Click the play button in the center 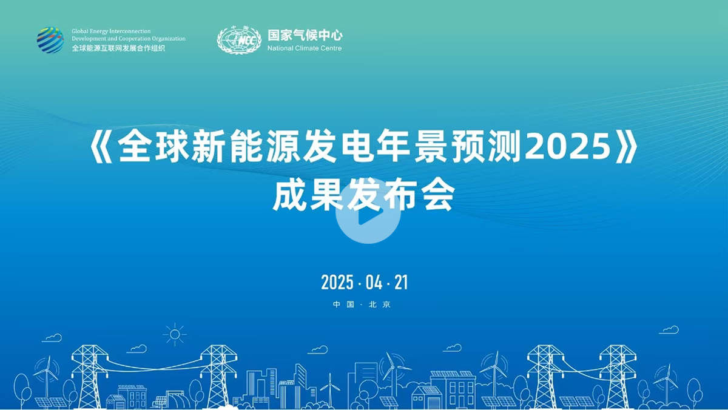(368, 212)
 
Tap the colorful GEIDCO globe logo (50, 40)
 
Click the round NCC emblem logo (239, 40)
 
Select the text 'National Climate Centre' (305, 49)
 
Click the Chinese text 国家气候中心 (305, 35)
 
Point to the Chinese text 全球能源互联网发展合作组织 (118, 48)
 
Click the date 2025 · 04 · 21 (365, 282)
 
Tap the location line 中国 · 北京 (362, 304)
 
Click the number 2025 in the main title (568, 147)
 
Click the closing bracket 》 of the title (627, 146)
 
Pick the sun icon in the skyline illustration (175, 334)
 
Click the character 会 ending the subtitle (437, 195)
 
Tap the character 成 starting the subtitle (290, 195)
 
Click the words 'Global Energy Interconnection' (111, 31)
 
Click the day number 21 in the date (401, 282)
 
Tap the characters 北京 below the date (380, 304)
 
